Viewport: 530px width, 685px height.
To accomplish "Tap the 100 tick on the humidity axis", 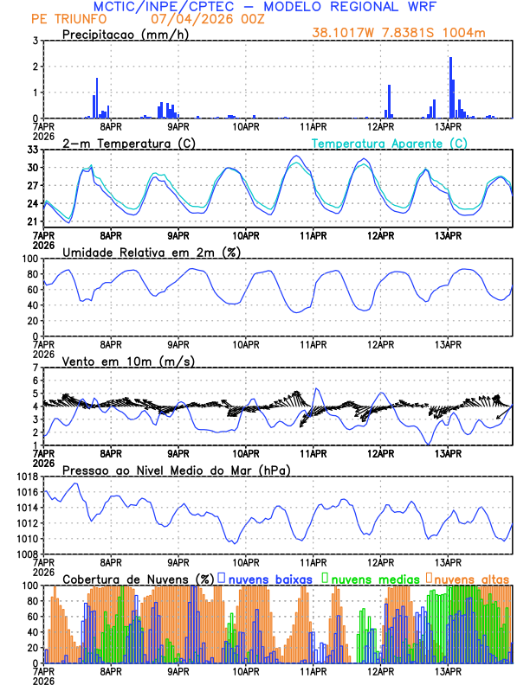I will (x=29, y=259).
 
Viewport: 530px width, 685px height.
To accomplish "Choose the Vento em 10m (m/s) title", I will (x=128, y=361).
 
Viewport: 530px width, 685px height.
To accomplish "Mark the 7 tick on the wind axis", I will (x=35, y=368).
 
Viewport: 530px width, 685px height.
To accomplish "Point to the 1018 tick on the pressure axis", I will (x=27, y=477).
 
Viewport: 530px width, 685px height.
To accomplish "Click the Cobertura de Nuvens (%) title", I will (x=138, y=578).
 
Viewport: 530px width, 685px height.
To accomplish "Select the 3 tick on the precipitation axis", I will (x=35, y=41).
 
